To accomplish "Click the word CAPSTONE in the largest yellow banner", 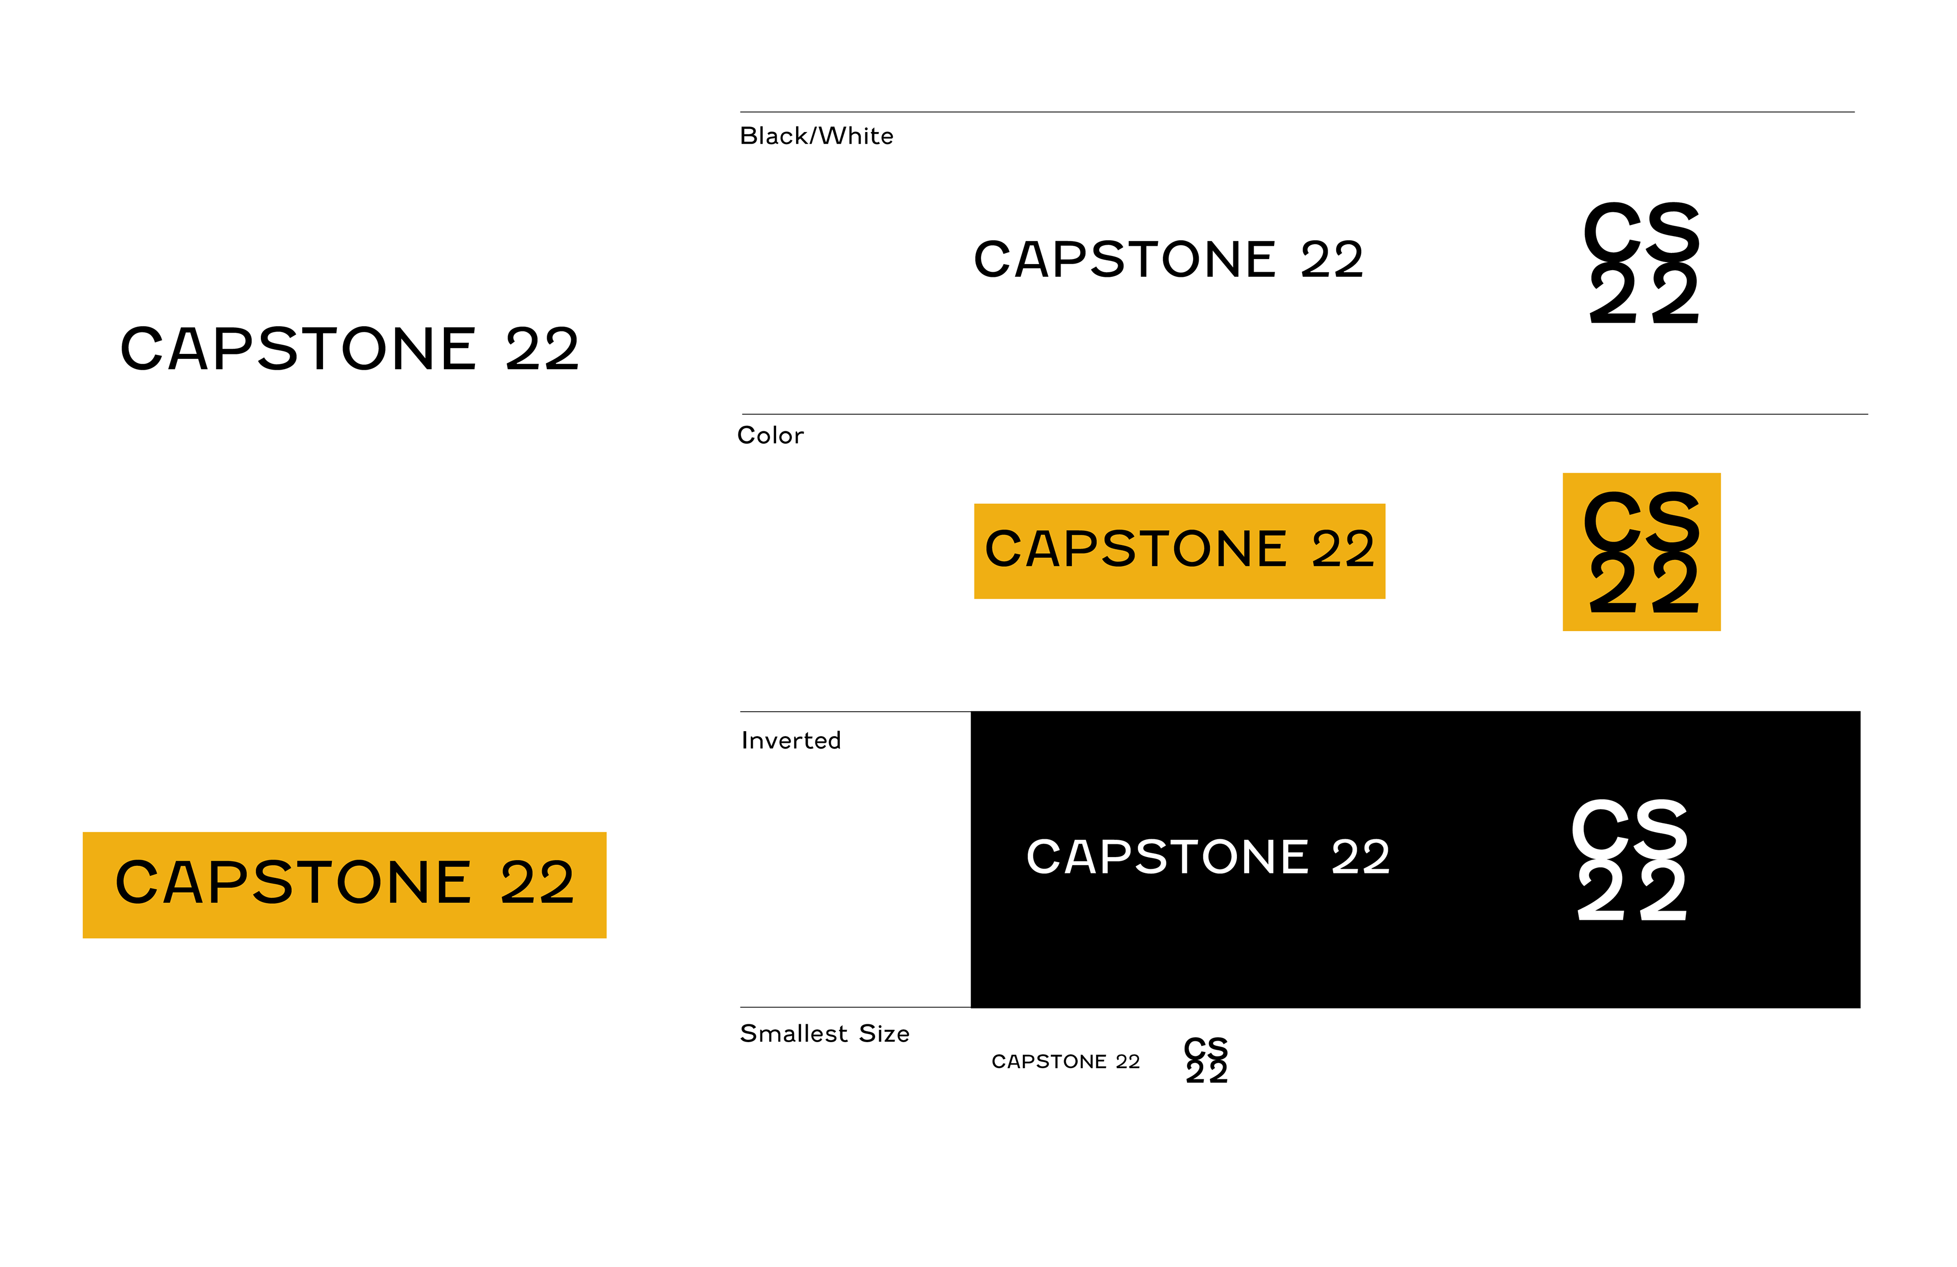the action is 294,883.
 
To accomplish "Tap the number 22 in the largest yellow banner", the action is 537,883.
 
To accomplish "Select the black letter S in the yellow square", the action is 1673,520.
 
